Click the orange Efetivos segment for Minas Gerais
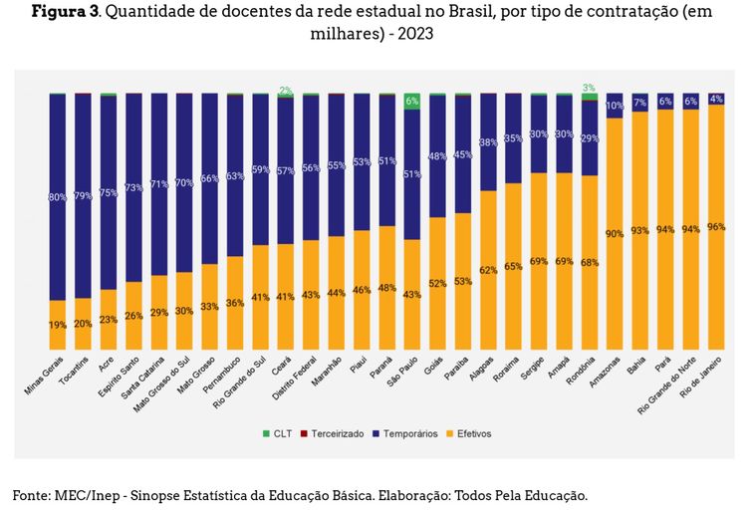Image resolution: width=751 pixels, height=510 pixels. pos(58,325)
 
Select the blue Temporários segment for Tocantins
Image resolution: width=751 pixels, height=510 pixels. pos(83,195)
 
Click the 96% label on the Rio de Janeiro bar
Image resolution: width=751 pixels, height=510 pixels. pos(715,227)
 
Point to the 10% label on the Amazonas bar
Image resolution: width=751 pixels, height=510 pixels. pos(615,106)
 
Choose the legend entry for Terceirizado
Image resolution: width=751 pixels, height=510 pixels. pos(336,433)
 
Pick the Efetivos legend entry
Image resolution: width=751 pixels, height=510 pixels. pos(475,433)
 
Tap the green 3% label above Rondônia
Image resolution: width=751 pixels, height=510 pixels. pos(590,88)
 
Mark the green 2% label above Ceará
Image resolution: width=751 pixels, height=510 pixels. pos(286,91)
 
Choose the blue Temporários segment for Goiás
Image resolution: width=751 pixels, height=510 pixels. pos(437,155)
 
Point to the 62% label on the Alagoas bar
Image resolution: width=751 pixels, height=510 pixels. pos(488,270)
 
